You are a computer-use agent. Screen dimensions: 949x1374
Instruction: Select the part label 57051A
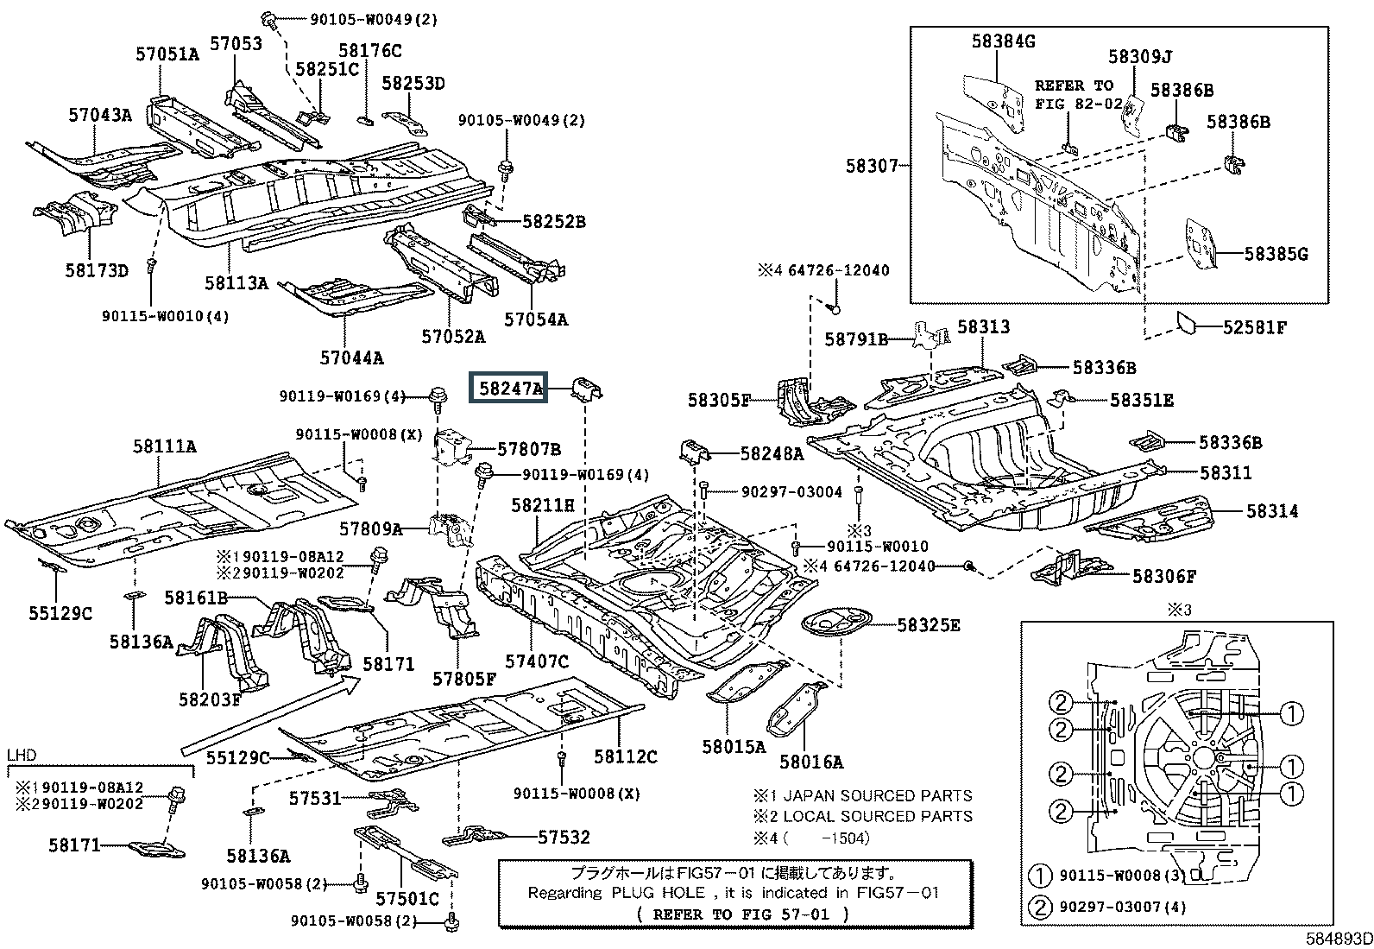pyautogui.click(x=167, y=54)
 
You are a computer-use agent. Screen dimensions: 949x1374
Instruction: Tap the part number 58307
pyautogui.click(x=872, y=166)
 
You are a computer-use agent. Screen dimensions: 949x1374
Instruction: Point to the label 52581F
pyautogui.click(x=1254, y=327)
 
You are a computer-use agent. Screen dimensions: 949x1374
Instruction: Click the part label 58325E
pyautogui.click(x=928, y=624)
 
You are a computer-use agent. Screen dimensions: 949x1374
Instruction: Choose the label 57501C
pyautogui.click(x=407, y=899)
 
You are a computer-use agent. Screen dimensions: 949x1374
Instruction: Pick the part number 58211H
pyautogui.click(x=542, y=505)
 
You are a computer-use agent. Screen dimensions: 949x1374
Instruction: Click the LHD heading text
pyautogui.click(x=22, y=755)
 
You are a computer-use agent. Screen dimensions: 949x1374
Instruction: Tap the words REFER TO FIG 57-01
pyautogui.click(x=742, y=914)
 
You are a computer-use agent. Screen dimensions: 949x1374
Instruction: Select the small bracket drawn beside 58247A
pyautogui.click(x=588, y=389)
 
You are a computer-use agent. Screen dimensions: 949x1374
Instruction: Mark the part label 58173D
pyautogui.click(x=96, y=271)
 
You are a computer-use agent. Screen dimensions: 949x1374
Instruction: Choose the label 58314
pyautogui.click(x=1271, y=511)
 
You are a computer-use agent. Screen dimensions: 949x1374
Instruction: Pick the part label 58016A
pyautogui.click(x=810, y=761)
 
